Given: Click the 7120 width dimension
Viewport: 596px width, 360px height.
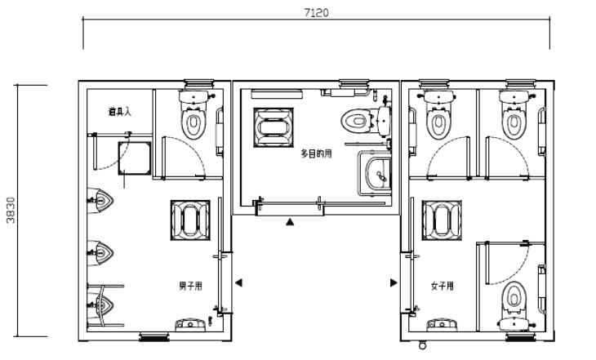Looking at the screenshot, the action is pyautogui.click(x=316, y=12).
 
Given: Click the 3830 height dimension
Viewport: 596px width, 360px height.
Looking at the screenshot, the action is pyautogui.click(x=11, y=211).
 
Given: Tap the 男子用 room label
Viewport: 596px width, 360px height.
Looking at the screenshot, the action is pyautogui.click(x=190, y=286).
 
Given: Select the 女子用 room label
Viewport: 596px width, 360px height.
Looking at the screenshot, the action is pyautogui.click(x=442, y=286).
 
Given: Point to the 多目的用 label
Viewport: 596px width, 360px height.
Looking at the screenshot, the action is pyautogui.click(x=316, y=153).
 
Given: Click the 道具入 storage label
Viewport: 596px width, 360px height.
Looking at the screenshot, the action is pyautogui.click(x=120, y=112).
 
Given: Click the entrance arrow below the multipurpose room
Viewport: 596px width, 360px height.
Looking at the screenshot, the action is pyautogui.click(x=290, y=221).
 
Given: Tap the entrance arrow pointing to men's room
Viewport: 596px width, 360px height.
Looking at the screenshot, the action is pyautogui.click(x=238, y=282).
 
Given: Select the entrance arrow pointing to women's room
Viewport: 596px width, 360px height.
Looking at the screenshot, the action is pyautogui.click(x=394, y=282).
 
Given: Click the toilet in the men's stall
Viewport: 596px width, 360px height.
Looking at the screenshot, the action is pyautogui.click(x=193, y=115).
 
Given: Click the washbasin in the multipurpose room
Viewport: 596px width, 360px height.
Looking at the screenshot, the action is pyautogui.click(x=379, y=174).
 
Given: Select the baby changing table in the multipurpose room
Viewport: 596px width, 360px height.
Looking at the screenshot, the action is pyautogui.click(x=274, y=127).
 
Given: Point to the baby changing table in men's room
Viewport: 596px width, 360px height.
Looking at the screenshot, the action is pyautogui.click(x=190, y=220).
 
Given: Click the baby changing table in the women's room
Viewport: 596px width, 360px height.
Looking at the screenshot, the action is pyautogui.click(x=442, y=220).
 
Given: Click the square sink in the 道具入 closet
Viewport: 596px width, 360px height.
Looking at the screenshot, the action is pyautogui.click(x=135, y=158).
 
